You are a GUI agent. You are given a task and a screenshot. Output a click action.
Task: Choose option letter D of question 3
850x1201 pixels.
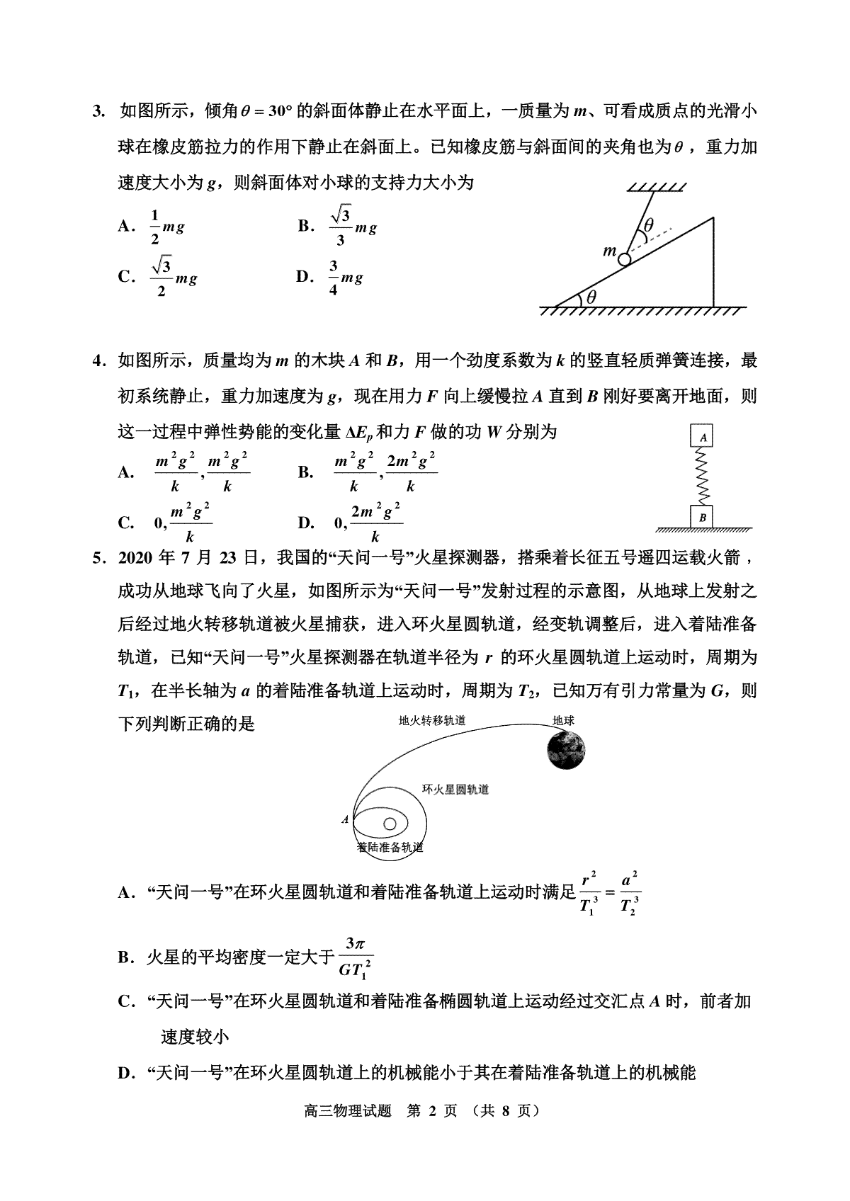pos(304,276)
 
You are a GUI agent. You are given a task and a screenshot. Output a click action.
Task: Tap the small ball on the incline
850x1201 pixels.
pos(624,259)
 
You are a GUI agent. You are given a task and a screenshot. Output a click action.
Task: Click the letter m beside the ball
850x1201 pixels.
pos(608,251)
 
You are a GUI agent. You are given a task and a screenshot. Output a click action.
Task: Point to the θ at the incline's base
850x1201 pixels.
pos(591,297)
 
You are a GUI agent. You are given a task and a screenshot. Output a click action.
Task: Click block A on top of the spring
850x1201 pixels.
pos(703,437)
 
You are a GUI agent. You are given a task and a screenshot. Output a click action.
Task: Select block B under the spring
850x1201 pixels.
pos(703,518)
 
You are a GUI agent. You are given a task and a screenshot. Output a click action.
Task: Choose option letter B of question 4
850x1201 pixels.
pos(306,472)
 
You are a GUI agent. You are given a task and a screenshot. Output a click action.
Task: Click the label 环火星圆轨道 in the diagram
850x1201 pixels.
pos(455,790)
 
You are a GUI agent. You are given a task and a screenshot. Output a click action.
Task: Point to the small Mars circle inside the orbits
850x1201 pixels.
pos(390,824)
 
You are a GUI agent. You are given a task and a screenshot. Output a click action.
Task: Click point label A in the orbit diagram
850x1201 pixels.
pos(345,820)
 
